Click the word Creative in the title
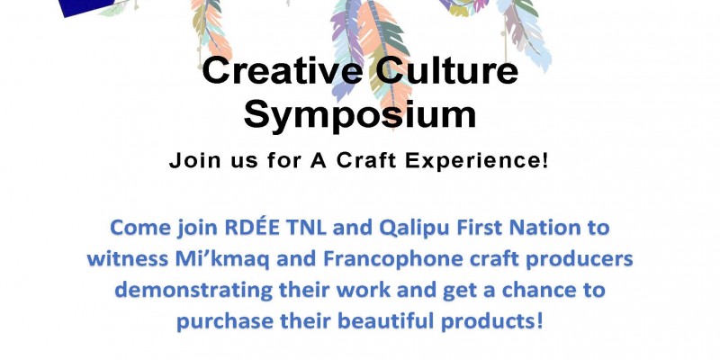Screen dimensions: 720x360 pos(282,71)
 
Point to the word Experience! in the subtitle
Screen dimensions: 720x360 pos(471,162)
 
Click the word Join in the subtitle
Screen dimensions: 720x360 pos(189,161)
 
